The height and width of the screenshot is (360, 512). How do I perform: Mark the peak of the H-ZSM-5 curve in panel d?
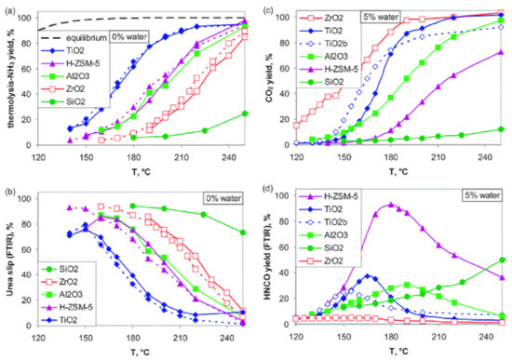pyautogui.click(x=391, y=204)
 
